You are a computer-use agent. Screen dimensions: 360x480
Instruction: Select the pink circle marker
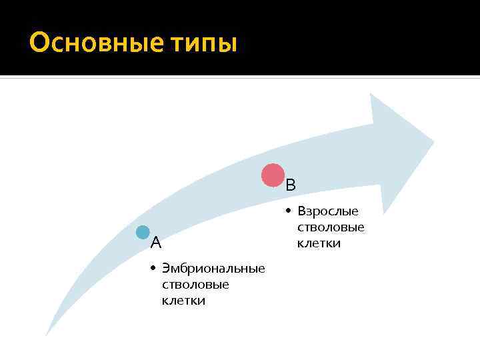[x=273, y=175]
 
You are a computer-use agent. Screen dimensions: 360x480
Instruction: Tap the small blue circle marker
[x=143, y=233]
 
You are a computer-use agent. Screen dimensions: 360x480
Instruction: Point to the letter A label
[x=155, y=241]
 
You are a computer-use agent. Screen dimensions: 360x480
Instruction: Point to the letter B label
[x=291, y=185]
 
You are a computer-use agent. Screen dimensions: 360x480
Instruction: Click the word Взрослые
[x=328, y=211]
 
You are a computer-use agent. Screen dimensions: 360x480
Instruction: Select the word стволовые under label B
[x=331, y=227]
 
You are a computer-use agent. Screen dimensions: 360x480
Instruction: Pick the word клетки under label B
[x=319, y=243]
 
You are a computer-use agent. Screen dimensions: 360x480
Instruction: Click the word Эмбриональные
[x=213, y=269]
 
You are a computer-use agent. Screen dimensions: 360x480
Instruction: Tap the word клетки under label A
[x=183, y=301]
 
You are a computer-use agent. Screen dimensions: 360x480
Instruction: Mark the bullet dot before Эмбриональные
[x=153, y=269]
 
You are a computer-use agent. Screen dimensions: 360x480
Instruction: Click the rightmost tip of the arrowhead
[x=434, y=141]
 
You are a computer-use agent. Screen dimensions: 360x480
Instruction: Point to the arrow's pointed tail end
[x=46, y=334]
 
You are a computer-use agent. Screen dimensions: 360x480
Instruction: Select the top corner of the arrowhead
[x=371, y=93]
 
